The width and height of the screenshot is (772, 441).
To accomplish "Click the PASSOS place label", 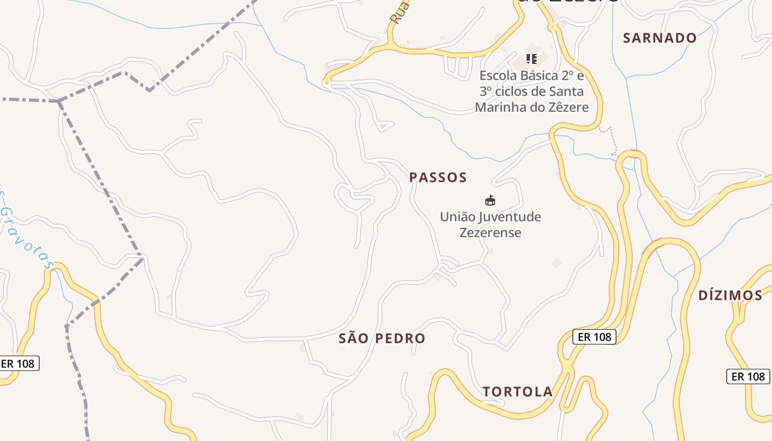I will coord(438,178).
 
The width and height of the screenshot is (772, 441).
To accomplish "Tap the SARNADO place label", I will coord(660,38).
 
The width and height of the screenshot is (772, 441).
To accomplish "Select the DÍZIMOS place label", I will coord(730,295).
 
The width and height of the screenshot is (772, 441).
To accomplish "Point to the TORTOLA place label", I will coord(517,392).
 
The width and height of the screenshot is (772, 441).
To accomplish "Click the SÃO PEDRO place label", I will coord(382,338).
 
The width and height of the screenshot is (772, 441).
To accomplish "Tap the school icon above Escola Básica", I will coord(532,58).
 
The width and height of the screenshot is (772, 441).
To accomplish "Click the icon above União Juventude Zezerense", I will coord(490,200).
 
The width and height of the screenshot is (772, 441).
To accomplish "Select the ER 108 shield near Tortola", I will coord(594,337).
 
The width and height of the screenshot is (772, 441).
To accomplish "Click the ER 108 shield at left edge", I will coord(18,364).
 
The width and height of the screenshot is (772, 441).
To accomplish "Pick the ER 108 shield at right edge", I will coord(748,377).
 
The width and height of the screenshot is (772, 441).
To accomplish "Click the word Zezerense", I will coord(490,233).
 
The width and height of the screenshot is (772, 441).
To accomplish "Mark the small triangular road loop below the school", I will coord(385,127).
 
